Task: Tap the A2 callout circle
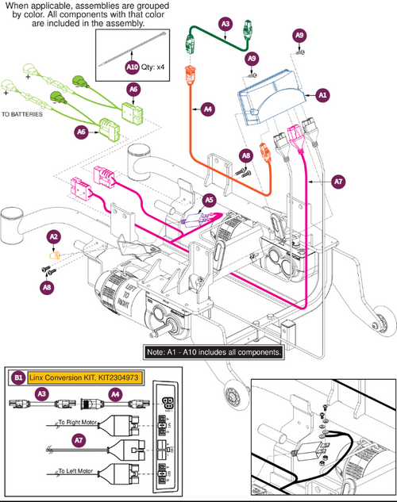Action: tap(54, 236)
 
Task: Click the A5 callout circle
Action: tap(209, 201)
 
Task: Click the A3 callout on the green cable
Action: tap(225, 25)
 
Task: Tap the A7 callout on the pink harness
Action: tap(338, 182)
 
